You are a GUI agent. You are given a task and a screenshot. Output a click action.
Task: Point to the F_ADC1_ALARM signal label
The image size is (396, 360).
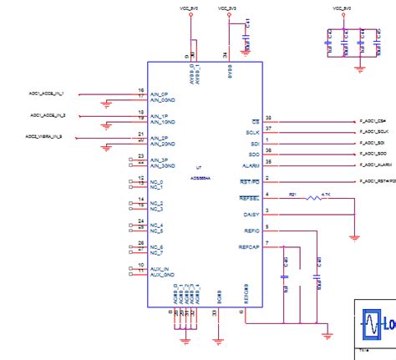click(x=375, y=165)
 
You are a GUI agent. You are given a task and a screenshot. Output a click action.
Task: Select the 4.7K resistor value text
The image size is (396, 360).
click(x=326, y=194)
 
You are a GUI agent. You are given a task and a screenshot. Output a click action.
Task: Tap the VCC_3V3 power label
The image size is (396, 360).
click(x=228, y=8)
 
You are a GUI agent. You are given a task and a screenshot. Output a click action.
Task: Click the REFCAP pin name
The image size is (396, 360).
click(x=249, y=247)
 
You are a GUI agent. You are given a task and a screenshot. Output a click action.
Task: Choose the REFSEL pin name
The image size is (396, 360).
click(x=250, y=198)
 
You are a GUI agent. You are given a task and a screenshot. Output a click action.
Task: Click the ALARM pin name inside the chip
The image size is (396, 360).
click(x=251, y=165)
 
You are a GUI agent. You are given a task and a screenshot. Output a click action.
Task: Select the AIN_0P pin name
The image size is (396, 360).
click(x=159, y=94)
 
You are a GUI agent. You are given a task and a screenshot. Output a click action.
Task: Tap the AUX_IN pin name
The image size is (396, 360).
click(x=159, y=268)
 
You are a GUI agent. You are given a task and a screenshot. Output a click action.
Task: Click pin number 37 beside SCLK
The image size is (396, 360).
click(x=268, y=128)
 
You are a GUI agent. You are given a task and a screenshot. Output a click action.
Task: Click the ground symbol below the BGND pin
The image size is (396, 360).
click(x=218, y=339)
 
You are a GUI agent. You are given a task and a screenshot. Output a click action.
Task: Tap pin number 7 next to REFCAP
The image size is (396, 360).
click(x=267, y=243)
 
